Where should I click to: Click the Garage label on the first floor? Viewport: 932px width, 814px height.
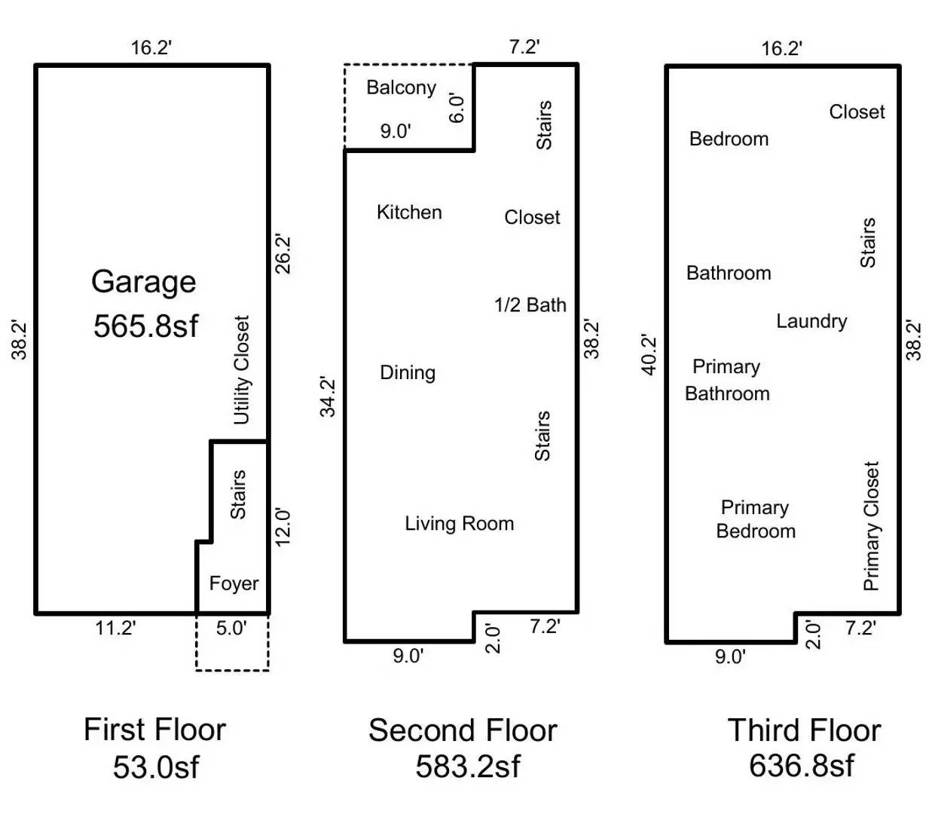[144, 282]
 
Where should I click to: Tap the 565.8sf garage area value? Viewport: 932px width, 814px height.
[145, 326]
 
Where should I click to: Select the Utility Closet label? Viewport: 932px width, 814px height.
[241, 370]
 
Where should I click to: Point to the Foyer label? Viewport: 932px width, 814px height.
[234, 583]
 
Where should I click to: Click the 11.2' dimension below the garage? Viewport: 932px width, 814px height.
[115, 628]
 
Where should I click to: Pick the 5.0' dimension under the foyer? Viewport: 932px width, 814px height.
[231, 628]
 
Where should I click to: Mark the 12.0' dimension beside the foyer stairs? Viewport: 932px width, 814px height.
[283, 526]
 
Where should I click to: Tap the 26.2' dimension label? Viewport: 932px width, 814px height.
[283, 254]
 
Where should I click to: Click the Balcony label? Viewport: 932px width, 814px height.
[401, 87]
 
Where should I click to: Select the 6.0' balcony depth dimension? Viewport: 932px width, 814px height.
[457, 108]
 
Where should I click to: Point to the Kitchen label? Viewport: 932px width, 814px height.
[409, 213]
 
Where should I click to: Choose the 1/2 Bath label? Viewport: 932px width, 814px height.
[530, 305]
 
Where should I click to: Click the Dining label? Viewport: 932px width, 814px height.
[408, 372]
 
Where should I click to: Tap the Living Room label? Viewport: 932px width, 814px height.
[459, 524]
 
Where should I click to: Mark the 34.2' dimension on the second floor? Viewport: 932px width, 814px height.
[328, 396]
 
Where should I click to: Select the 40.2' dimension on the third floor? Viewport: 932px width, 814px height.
[649, 355]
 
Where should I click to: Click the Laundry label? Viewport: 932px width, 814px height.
[811, 321]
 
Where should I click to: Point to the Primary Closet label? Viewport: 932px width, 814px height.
[871, 526]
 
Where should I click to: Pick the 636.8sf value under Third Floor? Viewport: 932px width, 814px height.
[802, 766]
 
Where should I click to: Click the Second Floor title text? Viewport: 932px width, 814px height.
[463, 730]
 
